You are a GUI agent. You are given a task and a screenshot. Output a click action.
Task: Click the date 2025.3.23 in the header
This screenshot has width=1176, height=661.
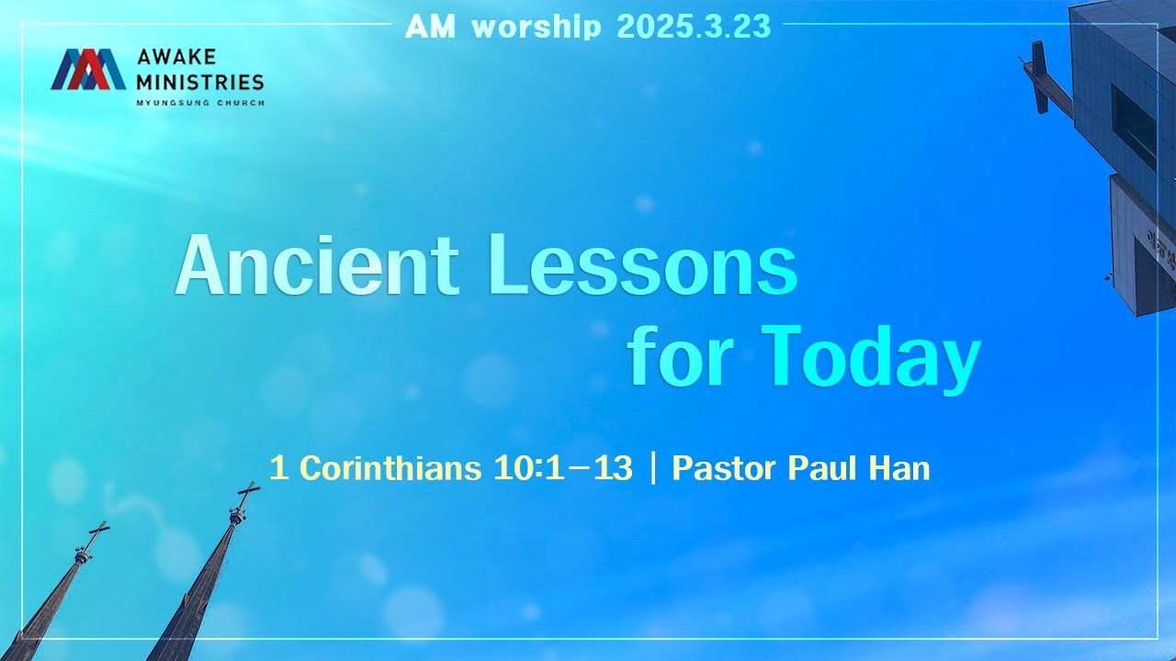click(694, 27)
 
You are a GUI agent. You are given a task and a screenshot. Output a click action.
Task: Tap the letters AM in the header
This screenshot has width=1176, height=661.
click(431, 27)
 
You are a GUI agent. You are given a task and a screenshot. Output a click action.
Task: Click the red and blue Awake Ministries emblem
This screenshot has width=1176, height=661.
click(88, 70)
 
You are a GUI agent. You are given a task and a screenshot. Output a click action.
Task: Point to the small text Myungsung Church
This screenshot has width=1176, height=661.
click(199, 102)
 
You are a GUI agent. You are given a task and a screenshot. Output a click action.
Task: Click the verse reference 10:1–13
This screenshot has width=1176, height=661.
click(563, 468)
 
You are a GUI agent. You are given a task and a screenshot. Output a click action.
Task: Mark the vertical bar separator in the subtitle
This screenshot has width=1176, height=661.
click(652, 468)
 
